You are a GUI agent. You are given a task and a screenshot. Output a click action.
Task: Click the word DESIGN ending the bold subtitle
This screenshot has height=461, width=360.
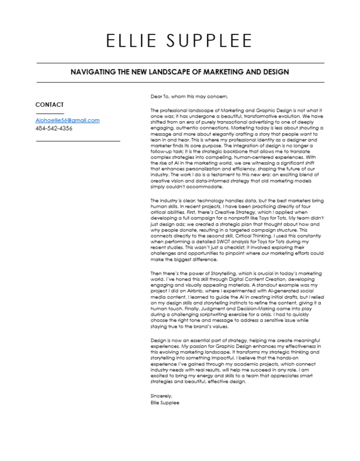pyautogui.click(x=275, y=72)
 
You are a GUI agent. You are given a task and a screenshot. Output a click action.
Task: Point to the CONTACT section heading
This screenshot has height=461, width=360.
pyautogui.click(x=50, y=105)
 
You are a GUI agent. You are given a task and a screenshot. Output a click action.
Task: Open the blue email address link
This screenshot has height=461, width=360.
pyautogui.click(x=67, y=121)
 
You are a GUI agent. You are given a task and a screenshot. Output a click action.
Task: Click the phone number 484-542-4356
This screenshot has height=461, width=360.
pyautogui.click(x=54, y=129)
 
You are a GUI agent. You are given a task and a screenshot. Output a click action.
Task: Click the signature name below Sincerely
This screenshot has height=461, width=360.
pyautogui.click(x=165, y=402)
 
